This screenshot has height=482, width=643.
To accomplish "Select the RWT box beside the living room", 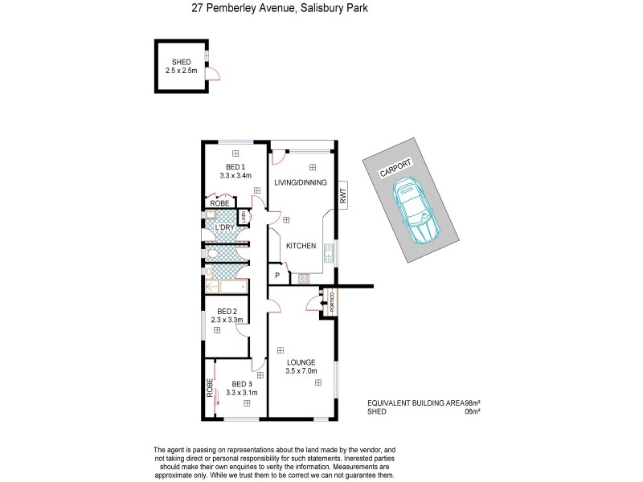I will [342, 194].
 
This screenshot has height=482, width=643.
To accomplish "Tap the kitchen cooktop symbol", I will [305, 279].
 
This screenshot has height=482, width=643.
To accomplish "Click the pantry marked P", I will [277, 276].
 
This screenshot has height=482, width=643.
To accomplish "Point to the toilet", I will [211, 254].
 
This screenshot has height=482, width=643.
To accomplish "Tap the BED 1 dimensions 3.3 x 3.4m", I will [235, 175].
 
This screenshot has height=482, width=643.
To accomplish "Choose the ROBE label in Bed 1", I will [219, 204].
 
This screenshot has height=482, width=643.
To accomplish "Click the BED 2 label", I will [227, 311].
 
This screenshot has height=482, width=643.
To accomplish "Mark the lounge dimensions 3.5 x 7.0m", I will [301, 371].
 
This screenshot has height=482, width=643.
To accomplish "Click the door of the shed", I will [213, 76].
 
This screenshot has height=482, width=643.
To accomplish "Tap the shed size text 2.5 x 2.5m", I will [182, 71].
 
